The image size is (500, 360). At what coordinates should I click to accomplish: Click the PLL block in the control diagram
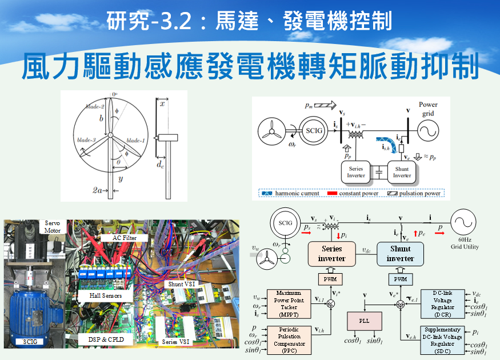[364, 321]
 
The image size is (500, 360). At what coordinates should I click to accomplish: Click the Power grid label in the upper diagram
[427, 109]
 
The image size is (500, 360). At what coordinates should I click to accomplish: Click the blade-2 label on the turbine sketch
[94, 106]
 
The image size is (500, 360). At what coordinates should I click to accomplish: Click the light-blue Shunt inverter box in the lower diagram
[400, 254]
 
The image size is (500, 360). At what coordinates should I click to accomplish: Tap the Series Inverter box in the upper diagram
[356, 172]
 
